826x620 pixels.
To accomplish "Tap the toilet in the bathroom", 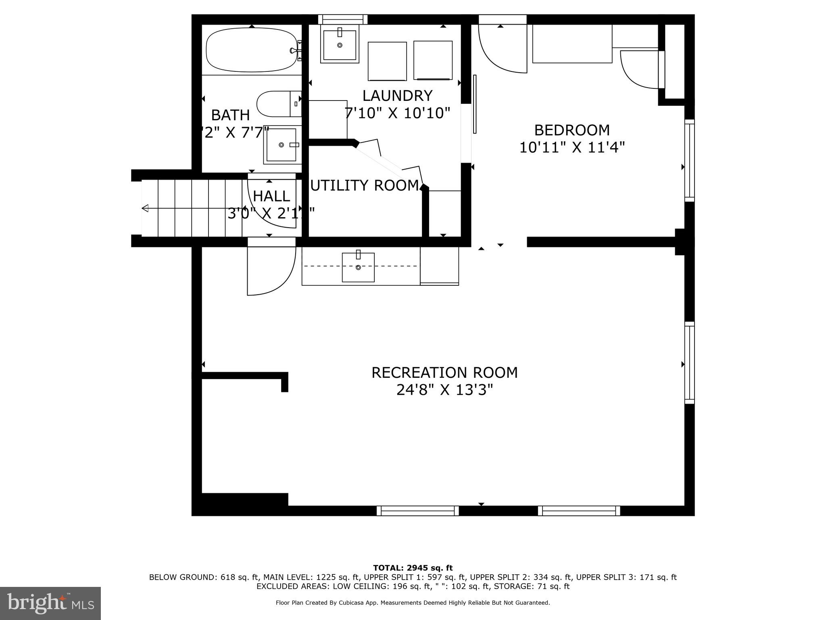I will tap(278, 104).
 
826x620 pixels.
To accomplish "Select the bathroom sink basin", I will tap(282, 145).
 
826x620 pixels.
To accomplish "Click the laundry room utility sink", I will tap(340, 44).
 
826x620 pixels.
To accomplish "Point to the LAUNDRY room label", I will tap(397, 96).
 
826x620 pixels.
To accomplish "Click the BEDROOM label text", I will tap(572, 130).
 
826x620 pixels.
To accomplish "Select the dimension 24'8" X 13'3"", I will tap(444, 390).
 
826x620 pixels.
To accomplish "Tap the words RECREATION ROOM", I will tap(444, 373).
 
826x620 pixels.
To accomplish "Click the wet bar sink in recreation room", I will tap(358, 267).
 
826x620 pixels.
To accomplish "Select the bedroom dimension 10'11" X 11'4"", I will tap(572, 148).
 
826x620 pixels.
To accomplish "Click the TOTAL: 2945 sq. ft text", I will tap(413, 568).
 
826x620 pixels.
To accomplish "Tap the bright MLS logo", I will tap(50, 603).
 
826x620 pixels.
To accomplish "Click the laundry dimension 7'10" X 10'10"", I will tap(397, 113).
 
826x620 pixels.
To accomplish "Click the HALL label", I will tap(271, 196).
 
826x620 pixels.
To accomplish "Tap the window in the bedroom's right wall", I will tap(690, 161).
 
